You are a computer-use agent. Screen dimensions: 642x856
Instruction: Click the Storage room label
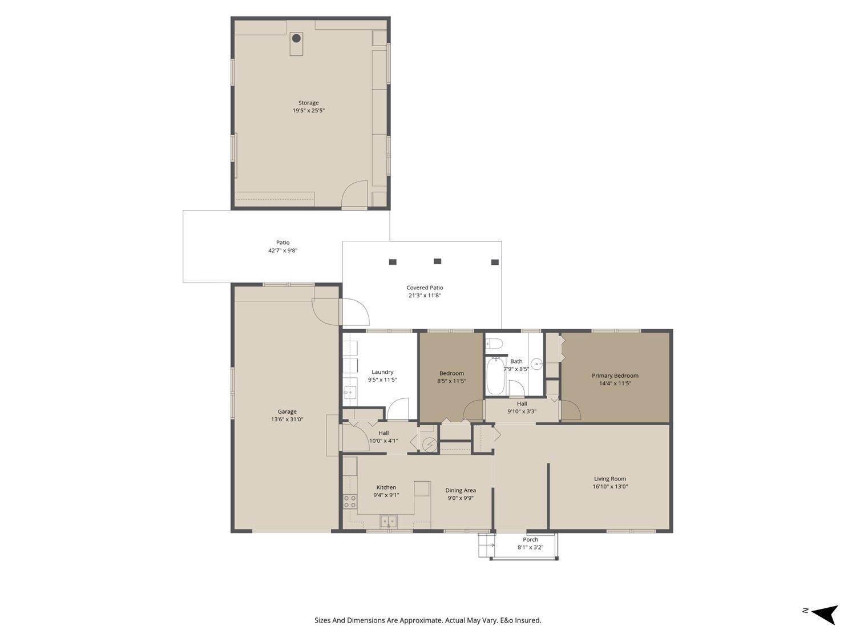click(308, 103)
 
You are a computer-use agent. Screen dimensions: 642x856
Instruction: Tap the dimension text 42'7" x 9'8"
click(283, 251)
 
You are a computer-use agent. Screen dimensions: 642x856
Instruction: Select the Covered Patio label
click(425, 288)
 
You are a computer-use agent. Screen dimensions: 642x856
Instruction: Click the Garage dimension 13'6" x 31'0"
click(287, 419)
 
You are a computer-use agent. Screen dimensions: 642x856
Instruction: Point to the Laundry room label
click(382, 372)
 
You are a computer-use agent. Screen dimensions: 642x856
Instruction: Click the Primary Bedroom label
click(615, 375)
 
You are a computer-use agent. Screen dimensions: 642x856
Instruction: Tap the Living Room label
click(610, 479)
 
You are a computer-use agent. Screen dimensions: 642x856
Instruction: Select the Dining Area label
click(461, 490)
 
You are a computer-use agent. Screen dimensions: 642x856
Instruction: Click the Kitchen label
click(386, 487)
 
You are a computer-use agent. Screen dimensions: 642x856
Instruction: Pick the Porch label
click(531, 539)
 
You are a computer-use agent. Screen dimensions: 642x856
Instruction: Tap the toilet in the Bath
click(494, 344)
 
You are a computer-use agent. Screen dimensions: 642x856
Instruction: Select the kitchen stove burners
click(350, 502)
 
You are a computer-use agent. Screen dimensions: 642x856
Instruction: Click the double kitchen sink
click(389, 520)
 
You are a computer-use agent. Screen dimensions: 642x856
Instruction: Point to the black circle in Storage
click(296, 39)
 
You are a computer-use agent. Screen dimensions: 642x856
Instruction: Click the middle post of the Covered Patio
click(437, 261)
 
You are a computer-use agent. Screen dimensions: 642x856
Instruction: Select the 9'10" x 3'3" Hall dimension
click(522, 411)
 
